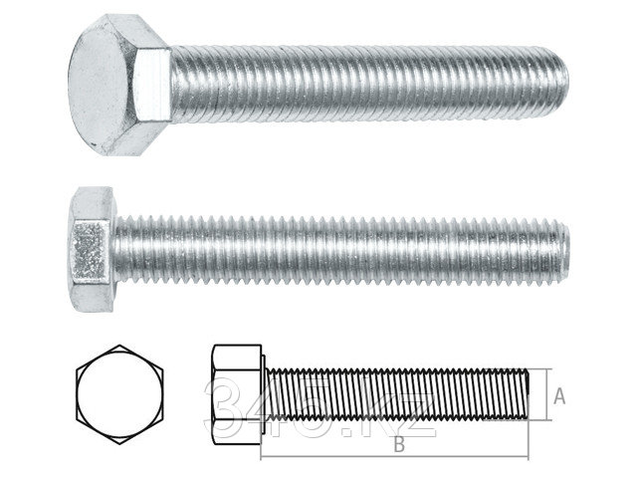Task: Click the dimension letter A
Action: (x=559, y=396)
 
